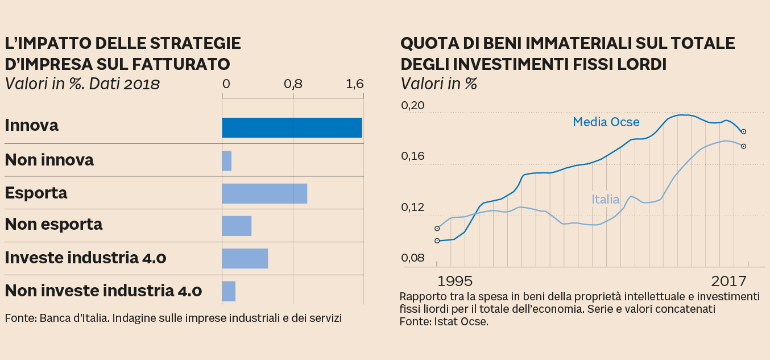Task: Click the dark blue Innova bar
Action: (292, 128)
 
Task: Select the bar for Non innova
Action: (227, 161)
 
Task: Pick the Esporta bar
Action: (264, 193)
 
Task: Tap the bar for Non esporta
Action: (237, 226)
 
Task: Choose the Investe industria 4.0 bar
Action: (245, 258)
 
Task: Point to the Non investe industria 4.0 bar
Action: (229, 291)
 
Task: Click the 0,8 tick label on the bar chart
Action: (293, 84)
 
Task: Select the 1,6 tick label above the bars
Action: (355, 84)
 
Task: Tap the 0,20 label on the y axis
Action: (412, 106)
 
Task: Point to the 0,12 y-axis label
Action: (412, 207)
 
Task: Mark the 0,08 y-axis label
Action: (412, 258)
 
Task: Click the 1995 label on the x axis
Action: (455, 281)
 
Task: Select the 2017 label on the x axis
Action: (728, 281)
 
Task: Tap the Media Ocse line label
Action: (606, 122)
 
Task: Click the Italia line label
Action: (605, 199)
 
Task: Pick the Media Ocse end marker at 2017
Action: (743, 131)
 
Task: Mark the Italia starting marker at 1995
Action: (437, 229)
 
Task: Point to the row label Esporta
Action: (36, 193)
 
